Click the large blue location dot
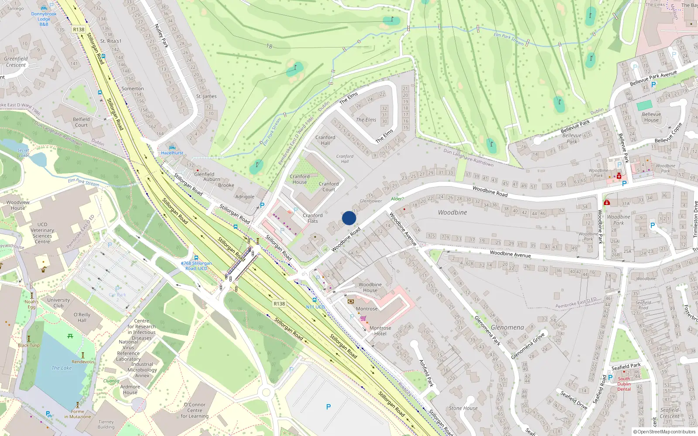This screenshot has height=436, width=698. pyautogui.click(x=349, y=218)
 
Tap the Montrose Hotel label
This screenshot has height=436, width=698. pyautogui.click(x=380, y=331)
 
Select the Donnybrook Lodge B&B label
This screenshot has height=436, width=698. pyautogui.click(x=44, y=19)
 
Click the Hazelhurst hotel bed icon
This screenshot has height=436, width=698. pyautogui.click(x=172, y=147)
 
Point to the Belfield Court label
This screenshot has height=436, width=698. pyautogui.click(x=81, y=122)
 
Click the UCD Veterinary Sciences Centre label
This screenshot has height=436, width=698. pyautogui.click(x=42, y=233)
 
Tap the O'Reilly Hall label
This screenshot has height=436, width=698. pyautogui.click(x=82, y=317)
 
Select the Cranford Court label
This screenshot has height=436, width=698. pyautogui.click(x=328, y=187)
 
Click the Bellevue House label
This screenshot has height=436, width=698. pyautogui.click(x=651, y=117)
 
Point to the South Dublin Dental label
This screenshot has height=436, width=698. pyautogui.click(x=624, y=384)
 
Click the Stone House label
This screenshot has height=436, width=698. pyautogui.click(x=463, y=408)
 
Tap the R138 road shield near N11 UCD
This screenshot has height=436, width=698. pyautogui.click(x=279, y=303)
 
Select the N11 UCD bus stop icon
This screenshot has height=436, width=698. pyautogui.click(x=315, y=300)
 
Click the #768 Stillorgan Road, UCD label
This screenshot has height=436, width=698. pyautogui.click(x=196, y=266)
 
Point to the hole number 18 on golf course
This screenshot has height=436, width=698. pyautogui.click(x=269, y=46)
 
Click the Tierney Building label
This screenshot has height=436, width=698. pyautogui.click(x=106, y=424)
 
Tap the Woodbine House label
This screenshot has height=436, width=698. pyautogui.click(x=370, y=287)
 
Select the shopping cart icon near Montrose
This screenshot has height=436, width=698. pyautogui.click(x=363, y=318)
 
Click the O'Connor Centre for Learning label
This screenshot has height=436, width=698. pyautogui.click(x=195, y=410)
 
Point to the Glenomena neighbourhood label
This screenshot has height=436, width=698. pyautogui.click(x=507, y=327)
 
